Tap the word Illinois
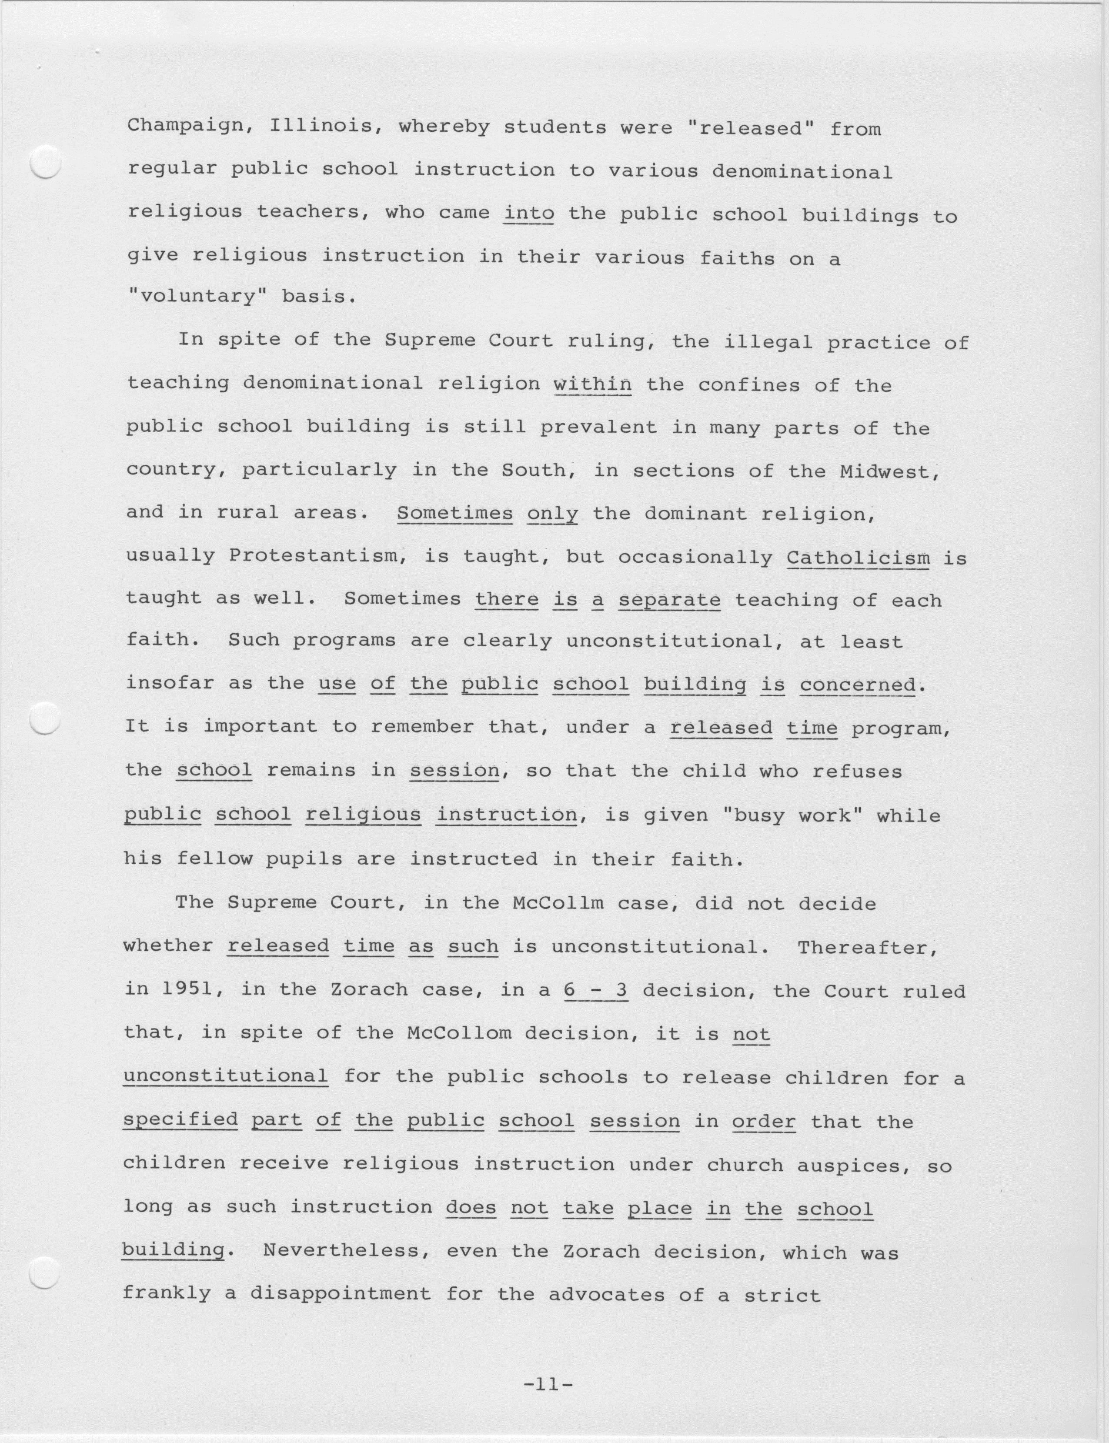point(320,126)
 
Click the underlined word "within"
point(592,384)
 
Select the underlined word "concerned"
point(857,685)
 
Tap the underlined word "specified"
point(180,1120)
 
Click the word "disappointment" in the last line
point(340,1294)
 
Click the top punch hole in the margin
point(46,162)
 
